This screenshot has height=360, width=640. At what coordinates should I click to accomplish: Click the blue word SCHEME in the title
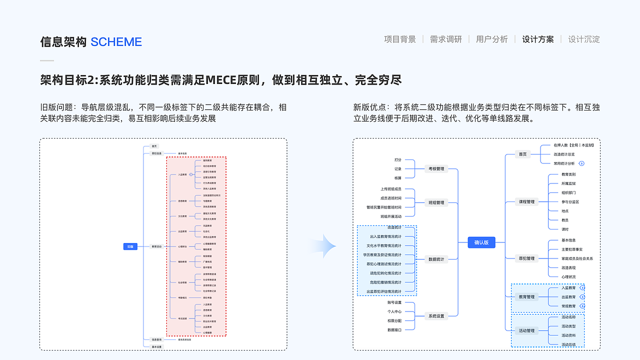(x=116, y=42)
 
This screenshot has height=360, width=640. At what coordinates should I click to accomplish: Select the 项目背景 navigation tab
(x=400, y=39)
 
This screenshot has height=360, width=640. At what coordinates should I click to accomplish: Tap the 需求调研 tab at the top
(x=446, y=39)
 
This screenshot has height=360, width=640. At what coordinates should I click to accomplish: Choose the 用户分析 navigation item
(x=491, y=39)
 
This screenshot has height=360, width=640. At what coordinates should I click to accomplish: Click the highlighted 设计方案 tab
(x=538, y=39)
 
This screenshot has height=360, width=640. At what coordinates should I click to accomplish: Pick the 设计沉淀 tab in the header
(x=584, y=39)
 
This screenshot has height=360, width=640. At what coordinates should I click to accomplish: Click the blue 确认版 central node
(x=481, y=242)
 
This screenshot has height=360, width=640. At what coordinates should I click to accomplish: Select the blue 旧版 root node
(x=130, y=246)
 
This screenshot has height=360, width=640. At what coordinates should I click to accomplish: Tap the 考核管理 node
(x=436, y=169)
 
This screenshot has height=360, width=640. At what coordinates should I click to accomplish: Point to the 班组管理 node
(x=436, y=203)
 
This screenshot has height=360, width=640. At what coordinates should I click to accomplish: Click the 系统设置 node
(x=436, y=316)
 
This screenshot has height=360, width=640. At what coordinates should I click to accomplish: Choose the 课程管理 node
(x=527, y=202)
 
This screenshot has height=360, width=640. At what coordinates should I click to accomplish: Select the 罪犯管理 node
(x=527, y=258)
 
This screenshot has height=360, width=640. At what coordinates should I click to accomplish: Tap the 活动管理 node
(x=527, y=330)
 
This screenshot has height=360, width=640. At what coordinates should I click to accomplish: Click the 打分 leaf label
(x=397, y=159)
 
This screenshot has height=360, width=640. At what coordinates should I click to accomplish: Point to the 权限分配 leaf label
(x=394, y=320)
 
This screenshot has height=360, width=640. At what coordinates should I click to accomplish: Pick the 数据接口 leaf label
(x=394, y=330)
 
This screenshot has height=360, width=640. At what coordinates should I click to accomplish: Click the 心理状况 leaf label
(x=568, y=276)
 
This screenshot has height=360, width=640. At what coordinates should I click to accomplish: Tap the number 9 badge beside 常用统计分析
(x=581, y=163)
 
